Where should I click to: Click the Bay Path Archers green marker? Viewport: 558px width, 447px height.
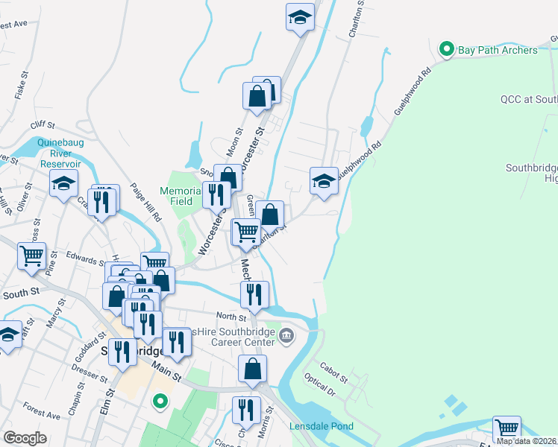(447, 50)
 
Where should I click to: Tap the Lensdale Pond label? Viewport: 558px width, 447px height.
(321, 427)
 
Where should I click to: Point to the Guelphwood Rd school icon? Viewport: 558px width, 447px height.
(324, 181)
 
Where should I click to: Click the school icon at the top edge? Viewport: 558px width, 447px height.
(300, 17)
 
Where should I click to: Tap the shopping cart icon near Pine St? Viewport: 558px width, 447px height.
(32, 257)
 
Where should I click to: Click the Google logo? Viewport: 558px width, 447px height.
(25, 437)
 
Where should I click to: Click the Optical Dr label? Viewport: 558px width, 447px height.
(322, 384)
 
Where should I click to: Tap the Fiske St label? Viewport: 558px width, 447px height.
(20, 86)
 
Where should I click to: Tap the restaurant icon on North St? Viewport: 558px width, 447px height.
(254, 295)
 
